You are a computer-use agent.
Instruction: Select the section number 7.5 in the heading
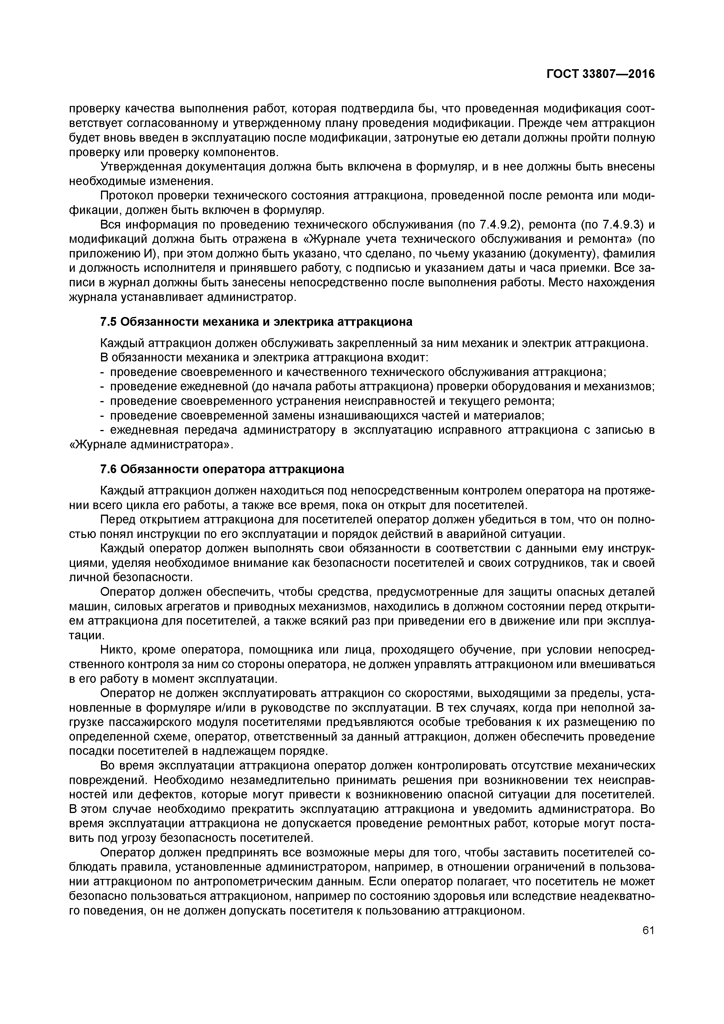(x=108, y=322)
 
